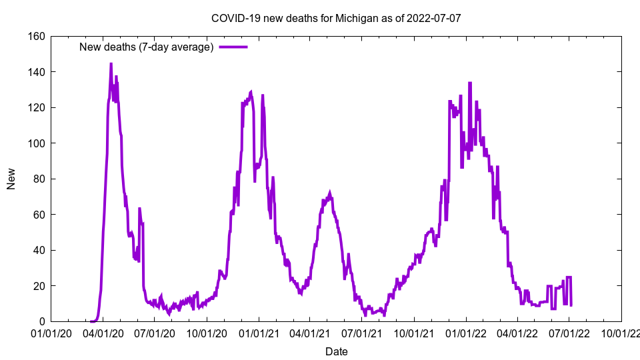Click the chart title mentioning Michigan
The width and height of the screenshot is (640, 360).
[335, 18]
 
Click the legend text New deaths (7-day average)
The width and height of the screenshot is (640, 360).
[146, 47]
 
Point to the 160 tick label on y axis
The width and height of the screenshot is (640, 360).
[37, 36]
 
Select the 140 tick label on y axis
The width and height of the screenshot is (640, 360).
[37, 72]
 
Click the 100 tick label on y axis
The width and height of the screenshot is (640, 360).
[37, 143]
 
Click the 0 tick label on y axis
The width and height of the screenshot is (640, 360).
[42, 321]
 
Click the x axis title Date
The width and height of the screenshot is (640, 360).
[336, 351]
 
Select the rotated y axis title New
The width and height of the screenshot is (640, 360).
[11, 179]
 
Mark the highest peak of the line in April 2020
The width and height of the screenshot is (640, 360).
[111, 64]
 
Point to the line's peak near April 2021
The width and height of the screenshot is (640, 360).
[329, 193]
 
